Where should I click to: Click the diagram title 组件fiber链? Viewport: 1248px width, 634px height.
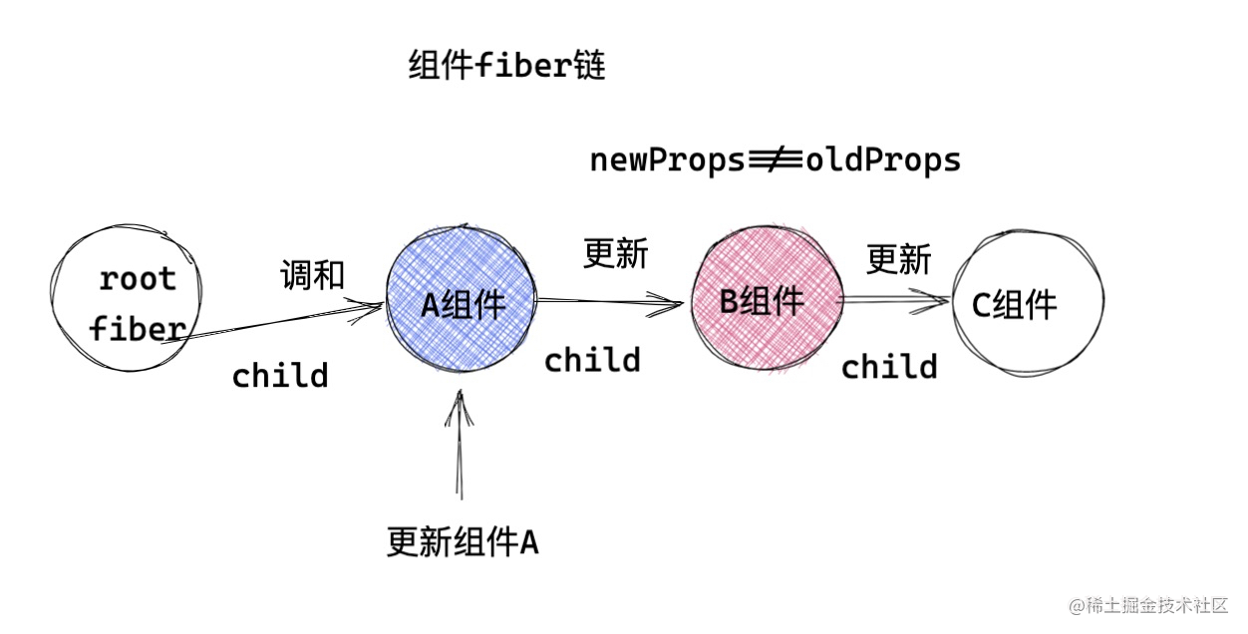(x=506, y=67)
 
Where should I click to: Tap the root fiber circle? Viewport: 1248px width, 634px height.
(x=130, y=299)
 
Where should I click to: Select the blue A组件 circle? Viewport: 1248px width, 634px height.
(x=463, y=300)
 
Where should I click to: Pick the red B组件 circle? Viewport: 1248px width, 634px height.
(x=767, y=300)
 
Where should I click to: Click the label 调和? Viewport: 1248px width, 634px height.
(x=312, y=274)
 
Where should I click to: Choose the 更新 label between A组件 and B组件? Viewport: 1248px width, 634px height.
(x=615, y=254)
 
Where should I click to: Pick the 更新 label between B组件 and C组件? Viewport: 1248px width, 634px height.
(x=898, y=259)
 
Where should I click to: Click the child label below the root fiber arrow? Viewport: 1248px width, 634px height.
(x=280, y=376)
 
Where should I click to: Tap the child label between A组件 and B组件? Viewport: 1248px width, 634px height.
(x=592, y=360)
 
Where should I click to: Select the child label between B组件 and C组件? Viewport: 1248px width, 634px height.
(x=889, y=367)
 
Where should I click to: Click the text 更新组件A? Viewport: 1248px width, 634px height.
(x=463, y=542)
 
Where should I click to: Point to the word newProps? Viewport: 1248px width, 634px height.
(x=667, y=159)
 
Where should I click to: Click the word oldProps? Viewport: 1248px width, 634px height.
(x=884, y=159)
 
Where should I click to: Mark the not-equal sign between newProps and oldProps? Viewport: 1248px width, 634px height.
(x=774, y=158)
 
